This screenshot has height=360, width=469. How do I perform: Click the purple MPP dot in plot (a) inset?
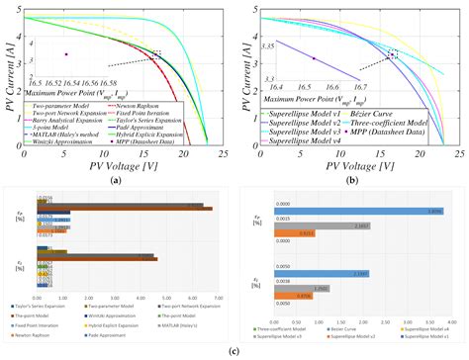64,53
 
